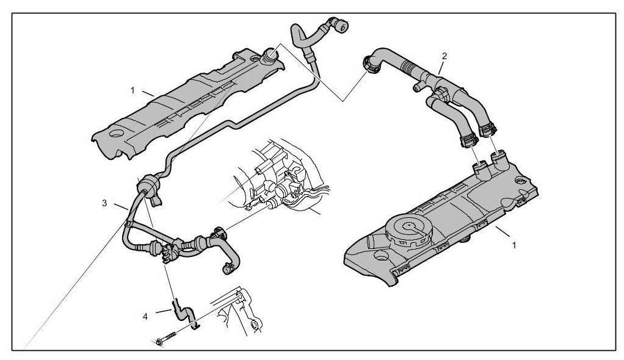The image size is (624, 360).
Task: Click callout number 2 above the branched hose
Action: coord(444,56)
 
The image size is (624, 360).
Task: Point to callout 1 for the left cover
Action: coord(132,90)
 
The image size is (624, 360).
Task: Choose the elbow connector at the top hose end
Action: coord(338,26)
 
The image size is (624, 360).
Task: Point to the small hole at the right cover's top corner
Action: coord(520,180)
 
